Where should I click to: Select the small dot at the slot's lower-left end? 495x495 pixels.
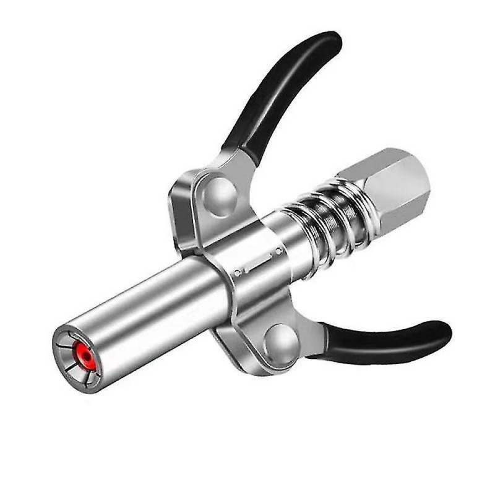238,272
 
